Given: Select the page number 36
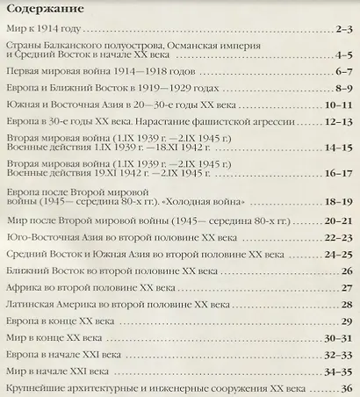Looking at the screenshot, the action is point(346,389).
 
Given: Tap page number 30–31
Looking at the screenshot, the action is point(337,338).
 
